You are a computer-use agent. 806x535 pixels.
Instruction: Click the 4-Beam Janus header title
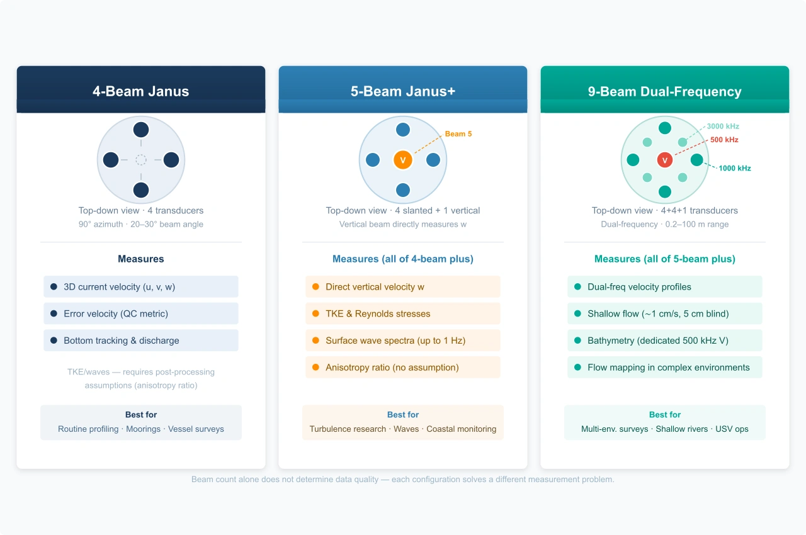coord(140,91)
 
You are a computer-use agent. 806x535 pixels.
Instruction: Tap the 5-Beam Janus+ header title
coord(402,91)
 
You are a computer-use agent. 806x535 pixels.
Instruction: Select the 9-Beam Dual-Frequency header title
coord(664,92)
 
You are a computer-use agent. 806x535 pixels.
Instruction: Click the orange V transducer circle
coord(402,160)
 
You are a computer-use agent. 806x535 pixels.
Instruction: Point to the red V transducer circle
coord(664,160)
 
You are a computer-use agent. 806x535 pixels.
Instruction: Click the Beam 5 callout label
coord(458,133)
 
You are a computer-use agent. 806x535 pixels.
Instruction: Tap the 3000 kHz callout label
coord(723,127)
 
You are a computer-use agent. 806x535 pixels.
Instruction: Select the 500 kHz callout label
coord(724,140)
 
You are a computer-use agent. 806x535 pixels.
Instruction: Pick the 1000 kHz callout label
coord(735,168)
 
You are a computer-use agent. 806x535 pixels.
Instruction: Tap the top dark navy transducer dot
coord(140,130)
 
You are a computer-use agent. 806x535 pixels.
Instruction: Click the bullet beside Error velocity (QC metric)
coord(54,313)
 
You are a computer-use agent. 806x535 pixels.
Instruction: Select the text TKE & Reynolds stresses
coord(378,313)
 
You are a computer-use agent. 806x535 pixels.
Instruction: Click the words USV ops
coord(732,429)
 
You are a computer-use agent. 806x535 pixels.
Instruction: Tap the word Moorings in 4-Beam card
coord(143,429)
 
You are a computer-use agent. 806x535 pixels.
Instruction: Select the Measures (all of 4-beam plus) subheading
coord(402,259)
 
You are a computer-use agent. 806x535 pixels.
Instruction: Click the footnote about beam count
coord(402,479)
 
